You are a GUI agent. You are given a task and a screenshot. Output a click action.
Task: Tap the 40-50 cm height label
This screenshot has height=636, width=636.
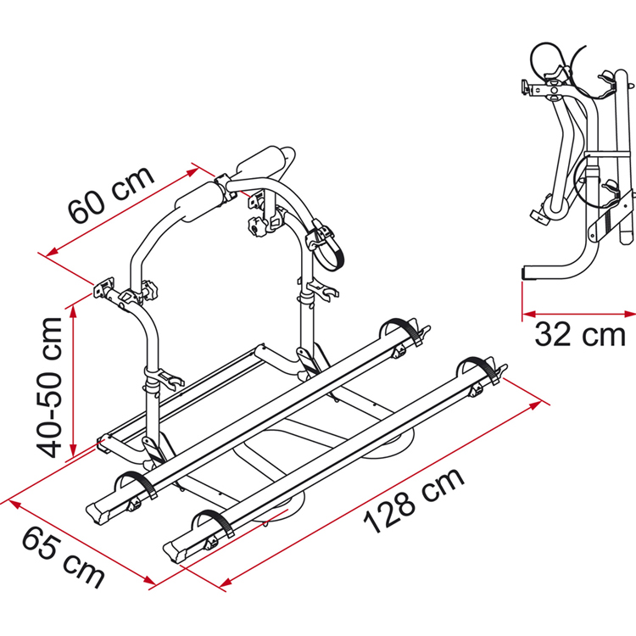point(49,388)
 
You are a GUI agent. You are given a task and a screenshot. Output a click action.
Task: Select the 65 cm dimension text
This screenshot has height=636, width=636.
point(63,557)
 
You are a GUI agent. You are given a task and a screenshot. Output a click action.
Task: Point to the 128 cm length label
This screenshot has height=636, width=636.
point(414,500)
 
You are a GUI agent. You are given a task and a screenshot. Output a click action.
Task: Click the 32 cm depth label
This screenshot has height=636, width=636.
point(580,335)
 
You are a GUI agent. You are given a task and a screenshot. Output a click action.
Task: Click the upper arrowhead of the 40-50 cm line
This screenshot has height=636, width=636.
point(74,311)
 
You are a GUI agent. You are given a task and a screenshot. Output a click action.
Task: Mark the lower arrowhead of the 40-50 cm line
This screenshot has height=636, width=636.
point(74,450)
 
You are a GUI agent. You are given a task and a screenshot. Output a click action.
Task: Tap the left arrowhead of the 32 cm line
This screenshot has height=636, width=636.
point(528,314)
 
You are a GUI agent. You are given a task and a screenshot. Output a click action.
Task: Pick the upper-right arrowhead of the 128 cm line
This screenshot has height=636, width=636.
point(535,405)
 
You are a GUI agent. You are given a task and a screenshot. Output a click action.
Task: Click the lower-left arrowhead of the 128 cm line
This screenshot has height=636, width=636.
point(226,583)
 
